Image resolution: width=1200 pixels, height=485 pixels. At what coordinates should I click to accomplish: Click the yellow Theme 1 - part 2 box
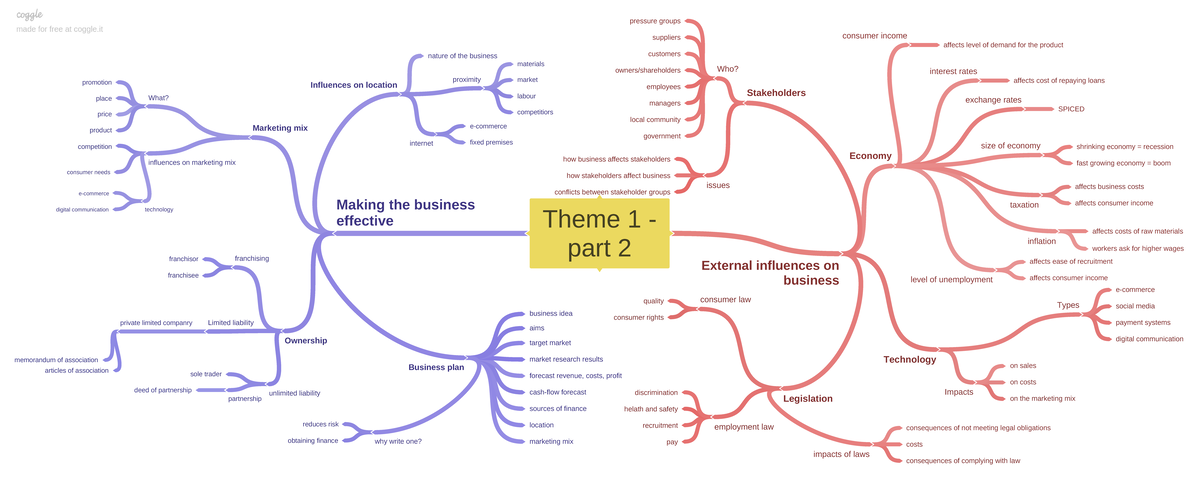point(599,233)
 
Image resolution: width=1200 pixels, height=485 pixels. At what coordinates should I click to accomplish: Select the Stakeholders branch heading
point(775,93)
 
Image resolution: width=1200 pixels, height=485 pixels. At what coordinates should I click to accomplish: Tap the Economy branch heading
point(870,156)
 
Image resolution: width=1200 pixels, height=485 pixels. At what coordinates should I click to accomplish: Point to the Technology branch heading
point(909,359)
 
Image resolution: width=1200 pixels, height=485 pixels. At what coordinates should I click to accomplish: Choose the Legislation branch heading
point(808,398)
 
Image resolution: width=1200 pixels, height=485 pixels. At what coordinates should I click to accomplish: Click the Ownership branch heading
point(305,340)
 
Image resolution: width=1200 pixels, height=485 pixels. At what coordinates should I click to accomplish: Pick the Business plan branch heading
point(437,367)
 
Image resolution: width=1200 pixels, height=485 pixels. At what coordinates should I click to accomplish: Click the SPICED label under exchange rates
point(1070,108)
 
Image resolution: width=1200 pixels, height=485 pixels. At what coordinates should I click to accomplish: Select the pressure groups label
point(655,21)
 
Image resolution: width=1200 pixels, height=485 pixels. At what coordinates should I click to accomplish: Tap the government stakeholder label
point(662,135)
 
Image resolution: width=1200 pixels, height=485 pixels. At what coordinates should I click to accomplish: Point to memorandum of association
point(56,359)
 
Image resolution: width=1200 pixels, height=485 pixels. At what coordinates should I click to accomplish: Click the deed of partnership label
point(162,390)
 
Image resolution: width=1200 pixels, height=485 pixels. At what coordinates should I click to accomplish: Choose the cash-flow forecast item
point(557,392)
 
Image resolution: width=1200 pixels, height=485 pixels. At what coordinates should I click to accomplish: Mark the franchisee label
point(183,275)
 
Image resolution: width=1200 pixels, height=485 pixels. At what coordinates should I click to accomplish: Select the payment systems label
point(1143,322)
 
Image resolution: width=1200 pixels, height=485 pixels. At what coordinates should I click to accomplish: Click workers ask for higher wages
point(1137,248)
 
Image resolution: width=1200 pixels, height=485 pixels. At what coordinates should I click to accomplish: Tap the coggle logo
point(30,14)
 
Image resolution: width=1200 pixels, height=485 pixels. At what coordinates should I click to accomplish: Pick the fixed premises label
point(491,142)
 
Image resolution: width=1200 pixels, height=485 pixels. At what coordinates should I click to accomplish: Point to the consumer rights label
point(638,317)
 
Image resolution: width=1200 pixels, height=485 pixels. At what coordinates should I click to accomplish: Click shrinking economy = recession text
point(1124,146)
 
